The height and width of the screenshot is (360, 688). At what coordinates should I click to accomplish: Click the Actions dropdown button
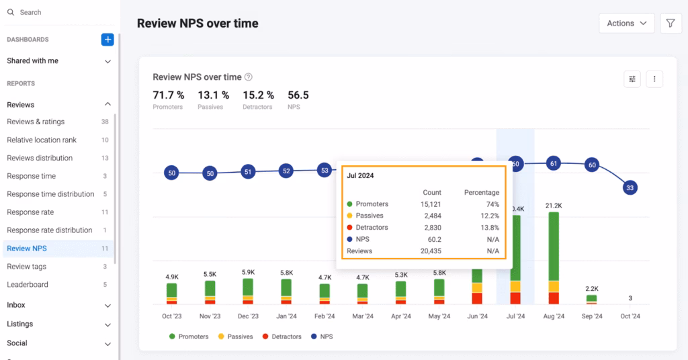tap(626, 23)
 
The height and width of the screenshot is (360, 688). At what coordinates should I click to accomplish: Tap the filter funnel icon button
tap(671, 23)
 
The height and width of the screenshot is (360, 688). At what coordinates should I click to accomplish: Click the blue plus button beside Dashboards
tap(107, 40)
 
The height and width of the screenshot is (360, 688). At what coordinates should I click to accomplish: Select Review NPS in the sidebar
tap(27, 249)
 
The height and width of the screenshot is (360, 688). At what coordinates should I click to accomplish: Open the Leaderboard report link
tap(28, 285)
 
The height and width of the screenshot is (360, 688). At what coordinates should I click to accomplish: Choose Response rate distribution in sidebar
tap(50, 230)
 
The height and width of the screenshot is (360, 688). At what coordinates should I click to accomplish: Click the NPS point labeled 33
tap(629, 188)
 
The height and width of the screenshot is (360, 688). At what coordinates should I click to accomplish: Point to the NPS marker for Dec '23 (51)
tap(248, 171)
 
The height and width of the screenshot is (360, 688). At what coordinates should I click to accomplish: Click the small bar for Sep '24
tap(591, 299)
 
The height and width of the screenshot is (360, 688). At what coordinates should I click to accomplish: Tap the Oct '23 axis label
tap(171, 316)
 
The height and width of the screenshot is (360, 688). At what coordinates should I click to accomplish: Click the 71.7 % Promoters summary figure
tap(167, 95)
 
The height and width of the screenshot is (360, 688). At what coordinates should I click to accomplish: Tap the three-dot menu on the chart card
tap(654, 79)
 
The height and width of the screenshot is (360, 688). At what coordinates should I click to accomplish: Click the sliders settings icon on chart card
tap(632, 79)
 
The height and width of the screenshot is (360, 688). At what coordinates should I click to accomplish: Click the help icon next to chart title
tap(249, 77)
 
